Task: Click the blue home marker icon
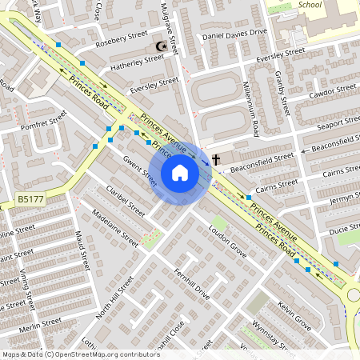[180, 172]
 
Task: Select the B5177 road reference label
[30, 198]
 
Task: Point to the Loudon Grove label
[227, 232]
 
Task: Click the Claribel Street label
[125, 201]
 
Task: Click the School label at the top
[309, 4]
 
